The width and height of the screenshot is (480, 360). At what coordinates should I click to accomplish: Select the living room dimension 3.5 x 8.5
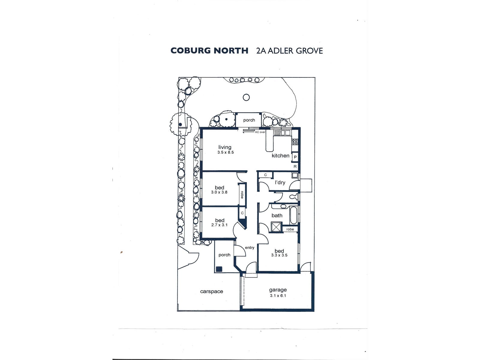(x=226, y=152)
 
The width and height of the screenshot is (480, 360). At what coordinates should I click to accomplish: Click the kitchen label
(x=280, y=155)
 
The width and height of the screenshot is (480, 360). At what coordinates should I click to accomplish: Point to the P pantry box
(x=295, y=157)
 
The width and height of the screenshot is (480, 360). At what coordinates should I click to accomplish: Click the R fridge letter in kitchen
(x=295, y=166)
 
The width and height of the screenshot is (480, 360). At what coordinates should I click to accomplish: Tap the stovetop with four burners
(x=295, y=142)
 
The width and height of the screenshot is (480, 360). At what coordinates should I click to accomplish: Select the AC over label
(x=260, y=132)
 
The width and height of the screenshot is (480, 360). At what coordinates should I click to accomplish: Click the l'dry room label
(x=280, y=182)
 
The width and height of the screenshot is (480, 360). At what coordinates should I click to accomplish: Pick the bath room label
(x=277, y=215)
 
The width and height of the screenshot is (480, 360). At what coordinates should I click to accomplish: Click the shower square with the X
(x=276, y=227)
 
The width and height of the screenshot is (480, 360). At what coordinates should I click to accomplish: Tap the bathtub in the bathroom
(x=293, y=215)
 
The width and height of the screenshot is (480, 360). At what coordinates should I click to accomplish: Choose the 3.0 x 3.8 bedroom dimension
(x=219, y=192)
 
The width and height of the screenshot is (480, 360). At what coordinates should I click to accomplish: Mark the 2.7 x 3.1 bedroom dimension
(x=219, y=225)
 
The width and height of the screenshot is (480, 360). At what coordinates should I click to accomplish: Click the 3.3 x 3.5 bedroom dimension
(x=279, y=255)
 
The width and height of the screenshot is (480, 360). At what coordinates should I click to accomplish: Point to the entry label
(x=250, y=247)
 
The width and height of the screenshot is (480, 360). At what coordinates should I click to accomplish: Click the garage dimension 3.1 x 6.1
(x=278, y=295)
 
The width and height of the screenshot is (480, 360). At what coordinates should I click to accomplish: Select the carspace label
(x=211, y=291)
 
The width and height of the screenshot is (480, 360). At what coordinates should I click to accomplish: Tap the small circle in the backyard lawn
(x=246, y=97)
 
